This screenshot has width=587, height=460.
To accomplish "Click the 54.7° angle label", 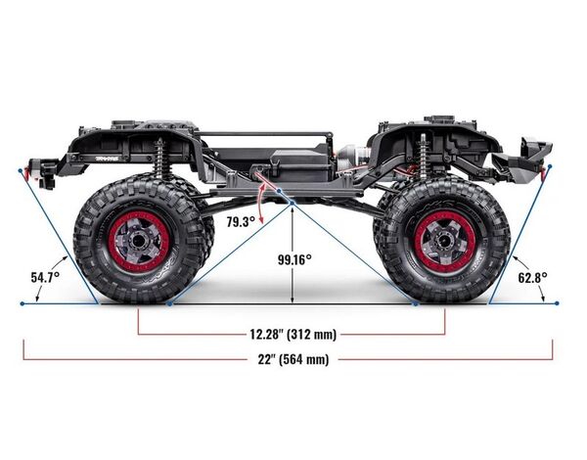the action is click(45, 278).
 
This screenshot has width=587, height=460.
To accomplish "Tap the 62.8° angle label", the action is click(532, 278).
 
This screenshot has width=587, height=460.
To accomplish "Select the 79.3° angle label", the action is click(241, 222).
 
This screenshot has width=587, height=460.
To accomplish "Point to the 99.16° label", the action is click(294, 259).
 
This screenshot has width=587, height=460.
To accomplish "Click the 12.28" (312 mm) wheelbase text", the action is click(293, 334).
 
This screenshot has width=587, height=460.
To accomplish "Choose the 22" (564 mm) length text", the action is click(293, 359).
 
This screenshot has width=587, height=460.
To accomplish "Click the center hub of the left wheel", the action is click(138, 241).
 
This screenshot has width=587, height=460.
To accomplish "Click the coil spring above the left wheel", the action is click(161, 159).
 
